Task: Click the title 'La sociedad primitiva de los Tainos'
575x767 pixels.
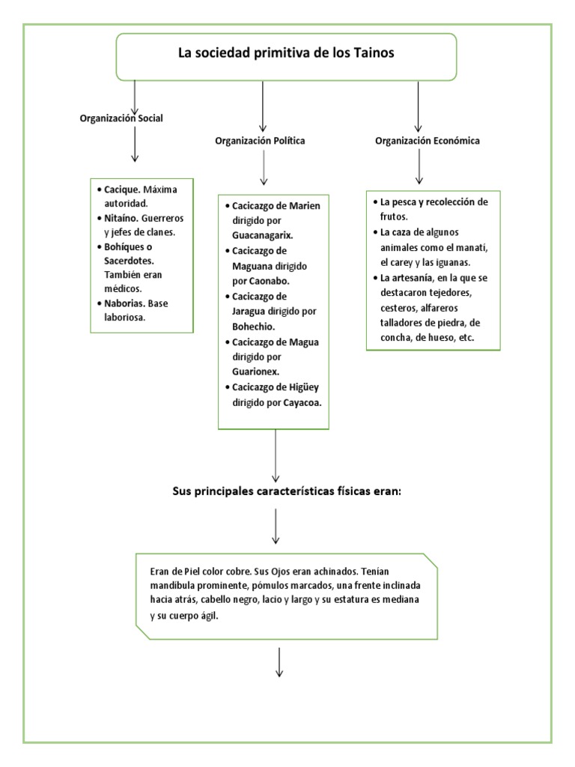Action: tap(285, 53)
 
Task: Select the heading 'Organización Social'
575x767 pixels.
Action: tap(121, 118)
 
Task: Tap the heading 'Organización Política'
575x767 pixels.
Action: tap(260, 140)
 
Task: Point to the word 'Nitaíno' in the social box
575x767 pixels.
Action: tap(118, 218)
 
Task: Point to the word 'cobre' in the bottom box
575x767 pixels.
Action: tap(231, 570)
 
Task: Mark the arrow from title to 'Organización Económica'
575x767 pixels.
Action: tap(418, 106)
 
